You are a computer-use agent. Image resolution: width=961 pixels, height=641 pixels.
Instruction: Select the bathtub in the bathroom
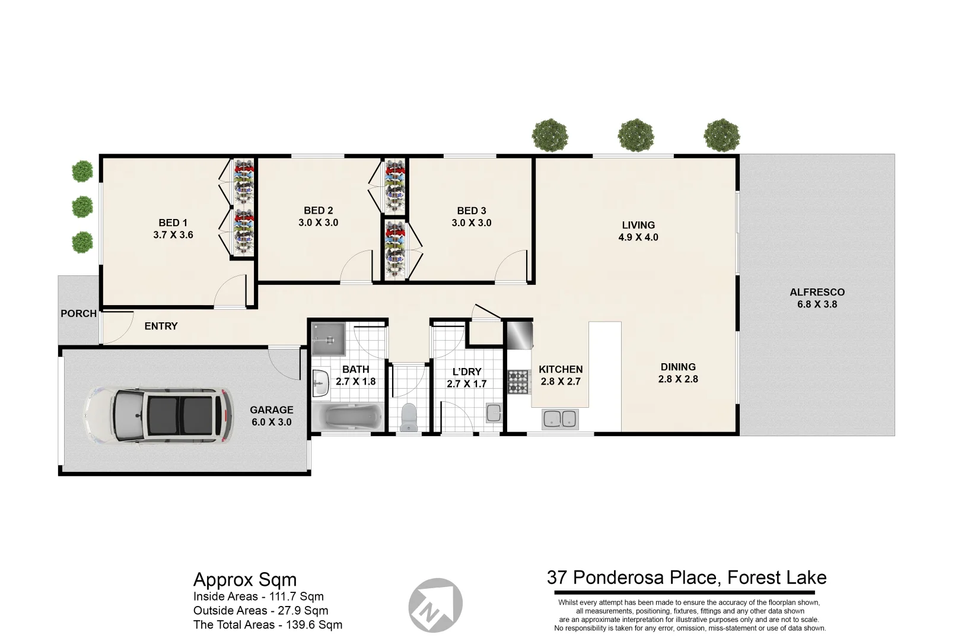348,417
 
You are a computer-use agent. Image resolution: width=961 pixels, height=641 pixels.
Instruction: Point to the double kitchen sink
559,418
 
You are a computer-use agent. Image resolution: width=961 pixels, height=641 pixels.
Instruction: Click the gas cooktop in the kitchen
517,382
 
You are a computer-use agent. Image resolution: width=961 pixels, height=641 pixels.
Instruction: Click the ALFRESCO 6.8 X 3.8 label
817,298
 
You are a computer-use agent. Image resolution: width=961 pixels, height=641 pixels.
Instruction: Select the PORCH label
78,313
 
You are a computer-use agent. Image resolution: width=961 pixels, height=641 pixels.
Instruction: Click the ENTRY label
161,326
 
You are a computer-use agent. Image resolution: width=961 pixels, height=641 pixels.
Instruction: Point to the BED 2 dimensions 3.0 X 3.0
318,223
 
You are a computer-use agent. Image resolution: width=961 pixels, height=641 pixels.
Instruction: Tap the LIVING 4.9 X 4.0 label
638,231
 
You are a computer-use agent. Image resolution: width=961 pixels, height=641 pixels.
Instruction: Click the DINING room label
678,367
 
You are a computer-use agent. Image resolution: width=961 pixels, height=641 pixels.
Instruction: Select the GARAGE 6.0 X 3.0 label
271,416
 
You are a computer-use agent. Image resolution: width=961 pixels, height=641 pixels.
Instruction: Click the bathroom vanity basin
320,383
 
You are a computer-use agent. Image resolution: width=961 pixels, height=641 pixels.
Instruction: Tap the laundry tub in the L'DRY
494,412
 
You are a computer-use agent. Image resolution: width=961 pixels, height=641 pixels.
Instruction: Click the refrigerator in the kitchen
519,336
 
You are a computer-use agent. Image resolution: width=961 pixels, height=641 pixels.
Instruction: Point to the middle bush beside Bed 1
82,207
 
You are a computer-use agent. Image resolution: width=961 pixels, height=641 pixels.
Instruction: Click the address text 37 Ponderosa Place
686,577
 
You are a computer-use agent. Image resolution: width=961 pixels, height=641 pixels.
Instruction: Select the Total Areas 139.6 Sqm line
268,624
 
